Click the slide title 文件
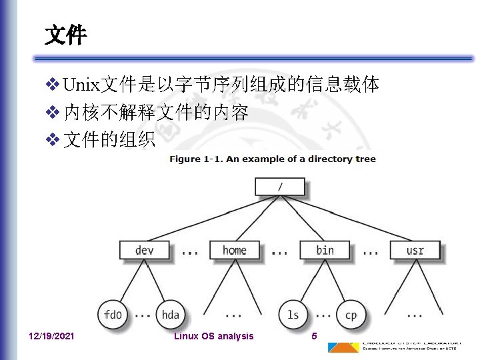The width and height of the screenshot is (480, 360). [x=65, y=35]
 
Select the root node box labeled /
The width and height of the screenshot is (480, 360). [x=279, y=187]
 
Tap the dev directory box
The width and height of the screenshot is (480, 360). [x=145, y=250]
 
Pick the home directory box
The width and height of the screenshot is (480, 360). [x=234, y=250]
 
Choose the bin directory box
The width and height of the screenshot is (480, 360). [x=325, y=250]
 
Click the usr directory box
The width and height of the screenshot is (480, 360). [x=415, y=250]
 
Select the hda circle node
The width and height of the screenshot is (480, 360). [x=170, y=314]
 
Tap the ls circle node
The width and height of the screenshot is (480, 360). [x=293, y=314]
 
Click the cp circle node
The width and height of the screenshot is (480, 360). [x=350, y=314]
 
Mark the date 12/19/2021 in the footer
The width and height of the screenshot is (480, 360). [x=52, y=336]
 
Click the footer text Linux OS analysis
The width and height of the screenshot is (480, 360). [x=213, y=336]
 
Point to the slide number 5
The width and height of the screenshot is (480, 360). [x=314, y=336]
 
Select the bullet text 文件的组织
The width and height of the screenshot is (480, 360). [x=109, y=140]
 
